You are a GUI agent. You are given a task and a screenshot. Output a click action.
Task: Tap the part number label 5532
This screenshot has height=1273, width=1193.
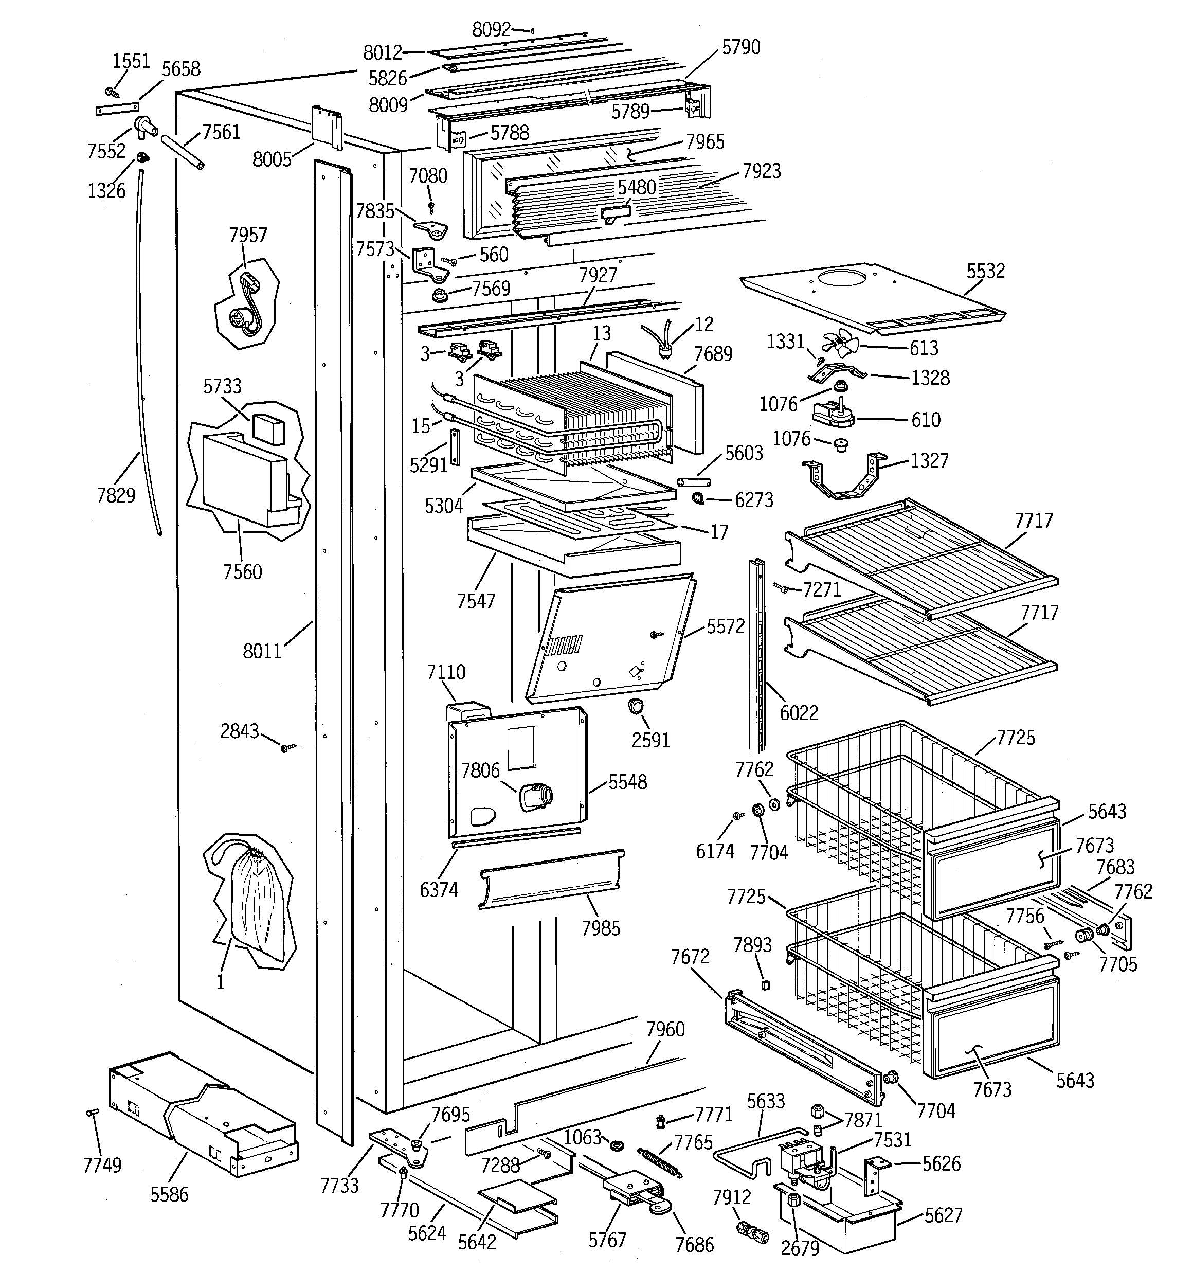986,271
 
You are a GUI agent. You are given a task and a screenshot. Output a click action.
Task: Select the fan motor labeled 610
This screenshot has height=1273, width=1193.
833,414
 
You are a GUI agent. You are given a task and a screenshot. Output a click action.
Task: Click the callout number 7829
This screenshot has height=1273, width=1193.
116,495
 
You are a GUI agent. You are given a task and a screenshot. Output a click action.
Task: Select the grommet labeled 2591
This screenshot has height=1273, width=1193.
636,706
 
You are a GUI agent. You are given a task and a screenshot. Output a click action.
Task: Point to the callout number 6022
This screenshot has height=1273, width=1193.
799,713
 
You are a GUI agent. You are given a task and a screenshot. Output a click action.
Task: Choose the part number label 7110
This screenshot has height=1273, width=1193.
446,672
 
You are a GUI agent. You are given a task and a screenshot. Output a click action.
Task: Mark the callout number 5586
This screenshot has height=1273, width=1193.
169,1194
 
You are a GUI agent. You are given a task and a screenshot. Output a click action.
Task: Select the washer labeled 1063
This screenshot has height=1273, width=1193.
617,1144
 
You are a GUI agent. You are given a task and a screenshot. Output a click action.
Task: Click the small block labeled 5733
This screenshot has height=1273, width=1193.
268,427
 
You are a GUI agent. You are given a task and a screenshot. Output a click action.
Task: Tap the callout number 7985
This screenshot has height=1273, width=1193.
600,928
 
